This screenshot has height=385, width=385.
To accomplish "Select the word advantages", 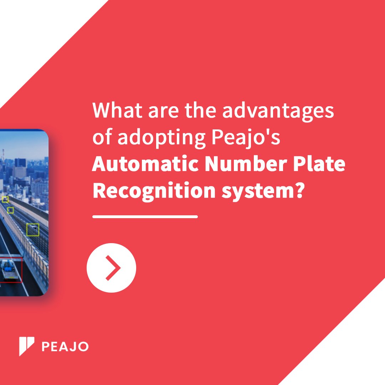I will click(278, 111).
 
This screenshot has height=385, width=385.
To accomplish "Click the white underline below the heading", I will click(145, 216).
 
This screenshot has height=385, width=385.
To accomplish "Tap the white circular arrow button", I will click(111, 268).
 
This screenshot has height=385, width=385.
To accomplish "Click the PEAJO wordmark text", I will click(65, 346).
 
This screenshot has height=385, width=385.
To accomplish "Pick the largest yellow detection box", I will click(33, 230).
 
